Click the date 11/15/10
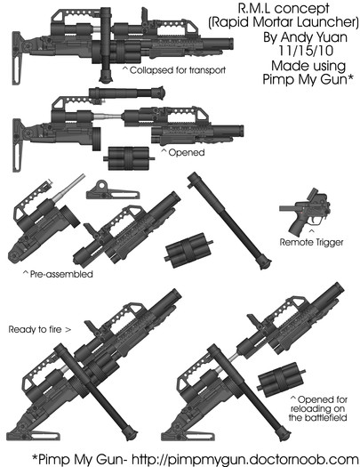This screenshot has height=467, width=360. pos(306,51)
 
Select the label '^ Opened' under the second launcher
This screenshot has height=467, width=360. pos(183,152)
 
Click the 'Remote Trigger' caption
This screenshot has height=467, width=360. pos(311,242)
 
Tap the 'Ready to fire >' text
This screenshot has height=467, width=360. pos(40,329)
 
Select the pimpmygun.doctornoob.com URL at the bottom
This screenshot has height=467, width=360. pos(244,458)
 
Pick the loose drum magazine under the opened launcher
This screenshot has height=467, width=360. pos(129,158)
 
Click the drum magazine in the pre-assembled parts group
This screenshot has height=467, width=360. pos(188,250)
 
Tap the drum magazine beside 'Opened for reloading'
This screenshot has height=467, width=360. pos(281,379)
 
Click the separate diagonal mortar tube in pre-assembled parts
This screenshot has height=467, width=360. pos(229,221)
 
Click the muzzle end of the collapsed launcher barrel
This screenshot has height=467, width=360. pos(230,44)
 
